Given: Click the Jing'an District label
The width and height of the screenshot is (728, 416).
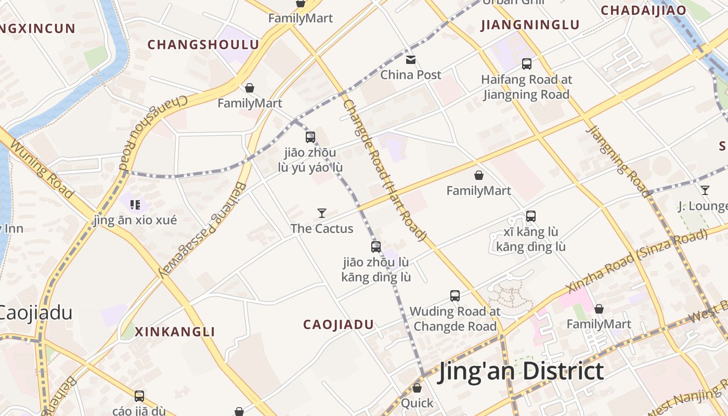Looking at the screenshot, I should coord(521,371).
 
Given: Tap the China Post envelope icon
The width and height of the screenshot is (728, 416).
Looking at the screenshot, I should coord(411,60).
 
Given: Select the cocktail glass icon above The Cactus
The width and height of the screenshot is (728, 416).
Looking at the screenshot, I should coord(322,213).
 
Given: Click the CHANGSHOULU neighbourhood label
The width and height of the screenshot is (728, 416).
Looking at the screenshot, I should coord(203,45).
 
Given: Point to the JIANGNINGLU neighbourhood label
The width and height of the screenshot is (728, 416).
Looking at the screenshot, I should coord(530,25).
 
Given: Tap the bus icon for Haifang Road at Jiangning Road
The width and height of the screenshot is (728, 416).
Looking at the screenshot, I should coord(527,64).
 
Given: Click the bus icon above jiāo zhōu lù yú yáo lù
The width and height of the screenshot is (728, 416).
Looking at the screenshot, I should coord(310,137).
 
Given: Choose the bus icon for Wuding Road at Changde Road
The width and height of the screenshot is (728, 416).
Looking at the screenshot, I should coord(455,296).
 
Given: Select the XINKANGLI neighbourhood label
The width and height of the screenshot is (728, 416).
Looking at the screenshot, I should coord(175,332).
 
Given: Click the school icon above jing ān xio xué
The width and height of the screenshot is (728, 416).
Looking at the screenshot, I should coord(135,205).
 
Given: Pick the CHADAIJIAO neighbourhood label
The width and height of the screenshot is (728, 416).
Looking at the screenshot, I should coord(643,10).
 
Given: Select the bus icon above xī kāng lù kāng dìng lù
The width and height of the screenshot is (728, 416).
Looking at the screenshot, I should coord(531,216).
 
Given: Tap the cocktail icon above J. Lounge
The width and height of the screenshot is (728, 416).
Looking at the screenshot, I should coord(705,190).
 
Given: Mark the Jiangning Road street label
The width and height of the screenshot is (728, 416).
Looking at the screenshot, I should coord(618,161).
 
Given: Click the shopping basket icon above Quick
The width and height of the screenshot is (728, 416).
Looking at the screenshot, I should coord(417,388).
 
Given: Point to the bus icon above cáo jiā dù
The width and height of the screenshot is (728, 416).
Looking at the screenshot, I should coord(139,396).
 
